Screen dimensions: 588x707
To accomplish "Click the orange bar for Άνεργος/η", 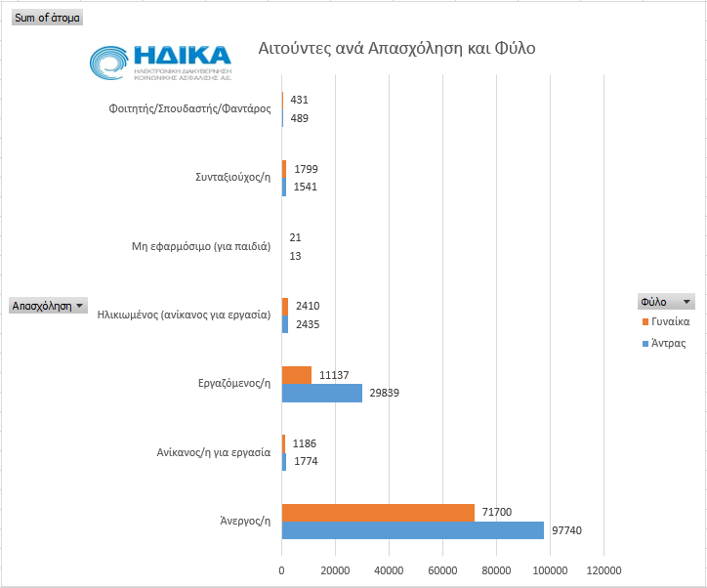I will pyautogui.click(x=378, y=512).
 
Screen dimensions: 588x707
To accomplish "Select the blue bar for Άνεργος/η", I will pyautogui.click(x=413, y=530).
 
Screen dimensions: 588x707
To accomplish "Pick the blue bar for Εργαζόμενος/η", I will pyautogui.click(x=322, y=393).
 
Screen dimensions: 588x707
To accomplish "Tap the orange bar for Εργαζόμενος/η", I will pyautogui.click(x=297, y=375).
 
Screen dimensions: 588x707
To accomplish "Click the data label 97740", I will pyautogui.click(x=566, y=530).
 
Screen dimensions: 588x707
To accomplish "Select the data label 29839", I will pyautogui.click(x=384, y=393).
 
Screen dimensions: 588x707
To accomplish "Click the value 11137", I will pyautogui.click(x=333, y=375).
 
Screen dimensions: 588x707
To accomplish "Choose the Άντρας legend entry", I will pyautogui.click(x=669, y=343).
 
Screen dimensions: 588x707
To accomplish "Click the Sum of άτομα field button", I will pyautogui.click(x=47, y=18).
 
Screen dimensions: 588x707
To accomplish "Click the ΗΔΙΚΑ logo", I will pyautogui.click(x=161, y=62).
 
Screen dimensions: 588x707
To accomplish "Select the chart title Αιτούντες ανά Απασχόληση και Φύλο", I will pyautogui.click(x=396, y=49).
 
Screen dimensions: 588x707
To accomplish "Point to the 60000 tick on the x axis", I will pyautogui.click(x=442, y=571).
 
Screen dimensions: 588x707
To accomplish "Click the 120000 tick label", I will pyautogui.click(x=603, y=571).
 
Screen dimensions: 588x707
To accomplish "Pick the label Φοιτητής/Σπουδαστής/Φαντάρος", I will pyautogui.click(x=189, y=108).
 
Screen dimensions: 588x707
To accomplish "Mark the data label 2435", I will pyautogui.click(x=308, y=324).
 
